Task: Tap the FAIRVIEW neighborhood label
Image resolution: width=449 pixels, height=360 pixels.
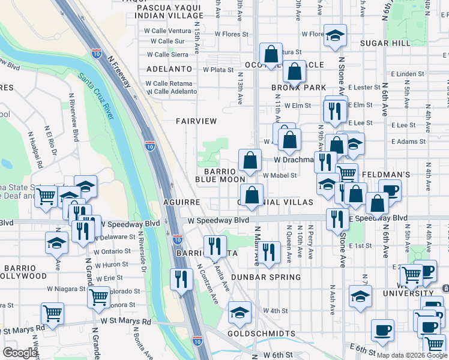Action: (x=196, y=121)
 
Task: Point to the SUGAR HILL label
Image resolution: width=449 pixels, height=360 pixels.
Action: (x=385, y=43)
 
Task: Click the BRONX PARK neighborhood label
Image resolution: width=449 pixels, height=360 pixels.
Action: (x=298, y=88)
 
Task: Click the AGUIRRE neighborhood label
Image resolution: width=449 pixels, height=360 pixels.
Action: (x=180, y=203)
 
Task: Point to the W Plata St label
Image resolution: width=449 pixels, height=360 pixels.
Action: (x=217, y=70)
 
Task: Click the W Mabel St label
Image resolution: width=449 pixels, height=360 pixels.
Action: (x=280, y=175)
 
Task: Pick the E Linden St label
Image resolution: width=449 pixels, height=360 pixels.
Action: (x=411, y=74)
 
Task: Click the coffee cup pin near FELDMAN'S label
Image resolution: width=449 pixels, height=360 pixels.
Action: (x=390, y=190)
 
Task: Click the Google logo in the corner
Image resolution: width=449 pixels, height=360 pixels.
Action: (x=20, y=353)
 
